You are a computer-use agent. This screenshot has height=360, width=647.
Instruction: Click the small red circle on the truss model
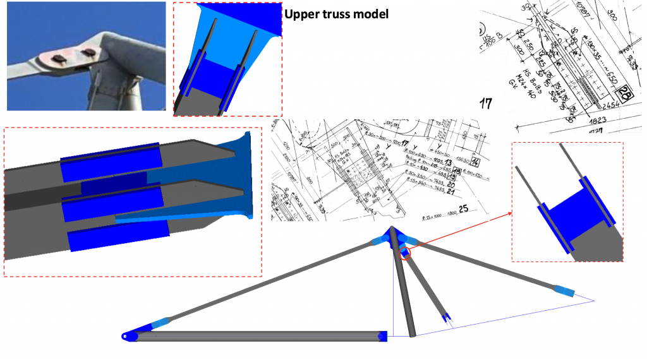405,254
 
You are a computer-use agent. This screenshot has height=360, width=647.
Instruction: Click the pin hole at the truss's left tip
127,337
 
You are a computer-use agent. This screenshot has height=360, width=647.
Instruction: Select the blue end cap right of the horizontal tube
382,336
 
